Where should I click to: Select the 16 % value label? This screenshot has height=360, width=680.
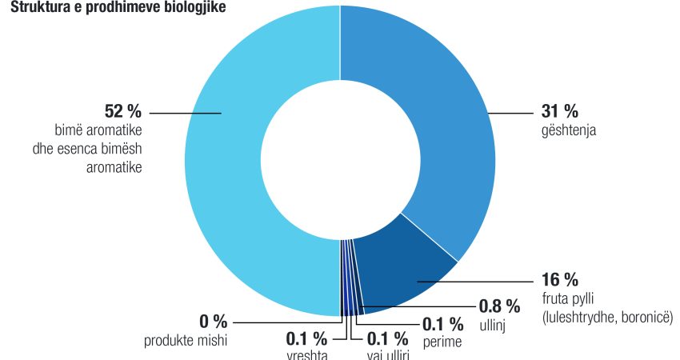pyautogui.click(x=560, y=279)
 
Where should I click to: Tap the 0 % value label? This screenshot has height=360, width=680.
pyautogui.click(x=214, y=322)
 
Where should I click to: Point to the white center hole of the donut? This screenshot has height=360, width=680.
pyautogui.click(x=340, y=160)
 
